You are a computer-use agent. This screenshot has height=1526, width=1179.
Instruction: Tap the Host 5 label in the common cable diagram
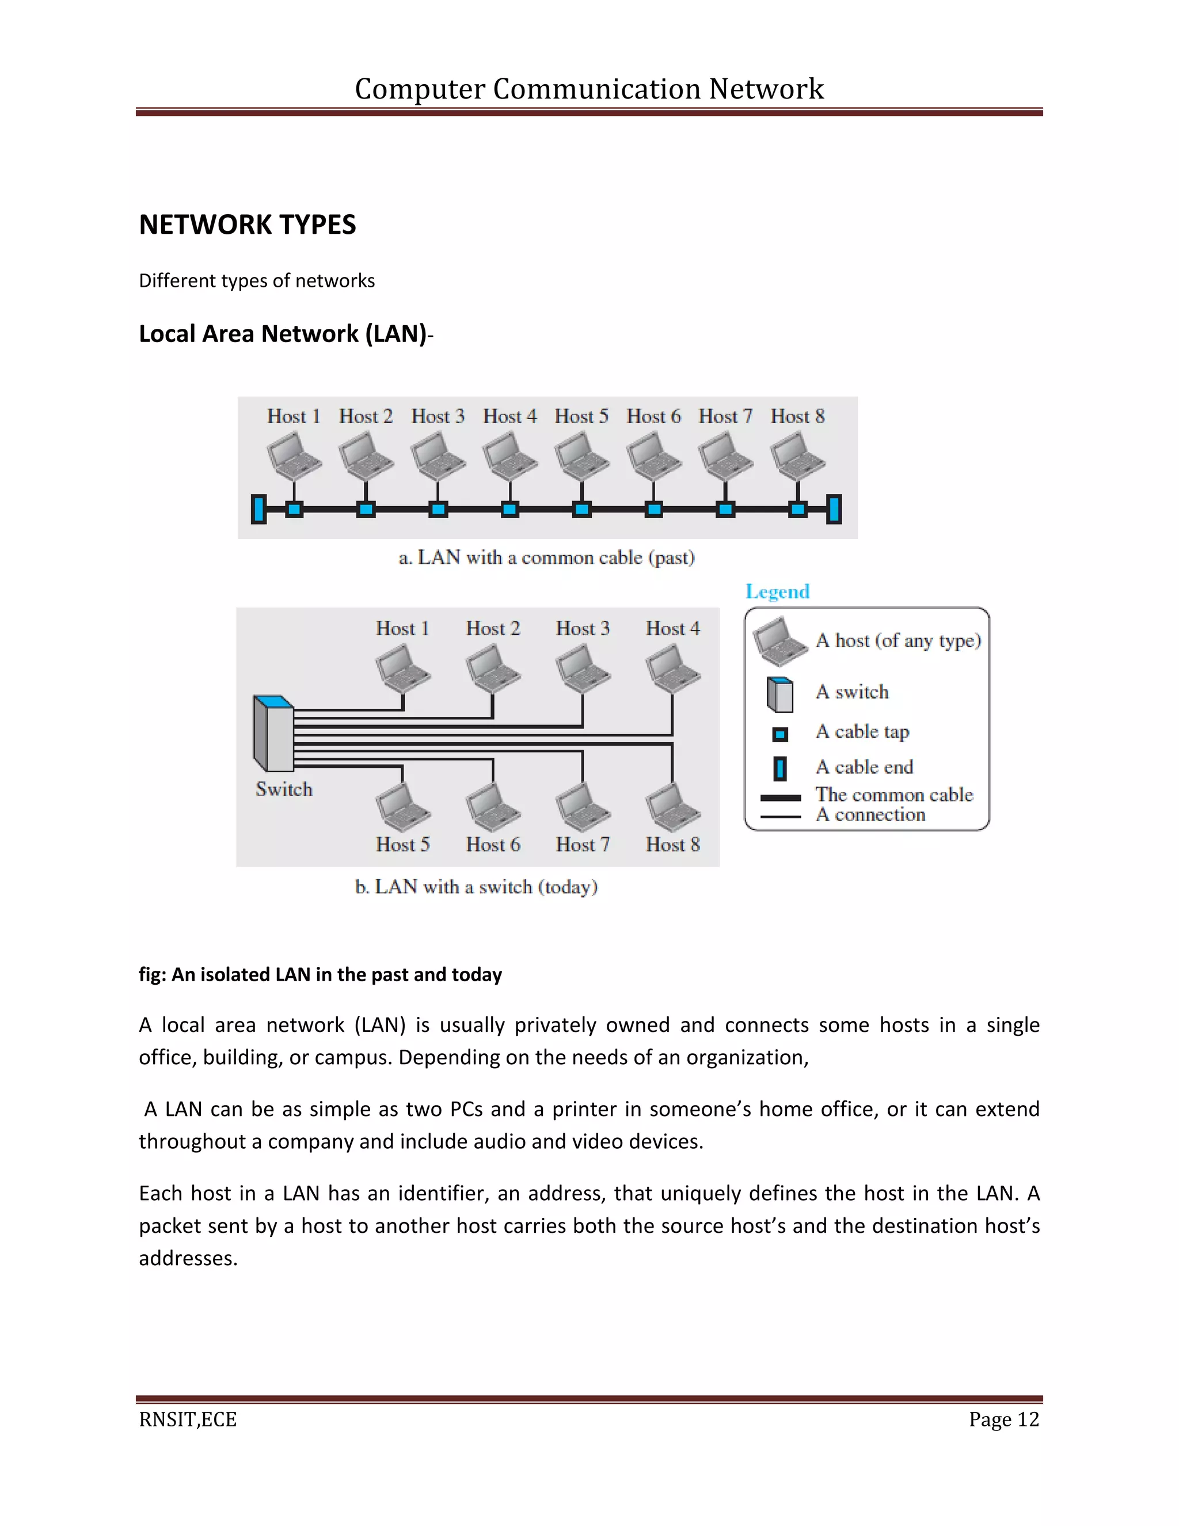(581, 416)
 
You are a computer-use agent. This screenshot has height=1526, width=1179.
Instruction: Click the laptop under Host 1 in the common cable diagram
(294, 455)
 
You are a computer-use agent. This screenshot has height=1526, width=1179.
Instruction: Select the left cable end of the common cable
(259, 508)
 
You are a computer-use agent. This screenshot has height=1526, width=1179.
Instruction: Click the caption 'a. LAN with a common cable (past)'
(546, 557)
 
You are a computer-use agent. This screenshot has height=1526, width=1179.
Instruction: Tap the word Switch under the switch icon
(284, 789)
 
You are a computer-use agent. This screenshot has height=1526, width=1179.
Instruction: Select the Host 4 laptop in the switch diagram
(672, 668)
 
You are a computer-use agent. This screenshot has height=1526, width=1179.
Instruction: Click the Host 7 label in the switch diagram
(583, 845)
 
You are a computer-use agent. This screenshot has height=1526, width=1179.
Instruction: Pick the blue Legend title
(777, 592)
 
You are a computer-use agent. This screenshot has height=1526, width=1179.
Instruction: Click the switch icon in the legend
(779, 694)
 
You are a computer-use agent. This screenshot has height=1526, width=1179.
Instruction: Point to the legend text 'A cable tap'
(862, 731)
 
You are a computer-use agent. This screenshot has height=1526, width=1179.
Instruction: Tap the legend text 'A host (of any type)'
(898, 641)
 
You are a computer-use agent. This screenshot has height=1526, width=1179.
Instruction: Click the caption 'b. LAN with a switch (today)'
(476, 887)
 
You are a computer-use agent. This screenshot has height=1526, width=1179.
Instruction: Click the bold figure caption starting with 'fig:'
(320, 975)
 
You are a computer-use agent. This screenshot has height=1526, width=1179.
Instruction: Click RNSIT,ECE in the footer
(188, 1420)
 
